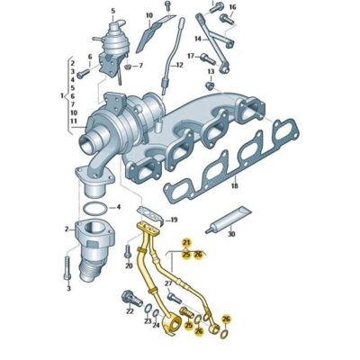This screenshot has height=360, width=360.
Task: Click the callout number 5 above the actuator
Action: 112,11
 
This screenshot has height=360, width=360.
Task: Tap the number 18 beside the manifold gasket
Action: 234,186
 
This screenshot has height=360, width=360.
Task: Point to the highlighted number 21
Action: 187,244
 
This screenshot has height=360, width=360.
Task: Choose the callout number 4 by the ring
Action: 118,207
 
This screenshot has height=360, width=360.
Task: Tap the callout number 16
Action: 231,8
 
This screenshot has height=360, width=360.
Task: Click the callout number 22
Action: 129,310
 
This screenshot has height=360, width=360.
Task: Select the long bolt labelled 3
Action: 67,267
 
